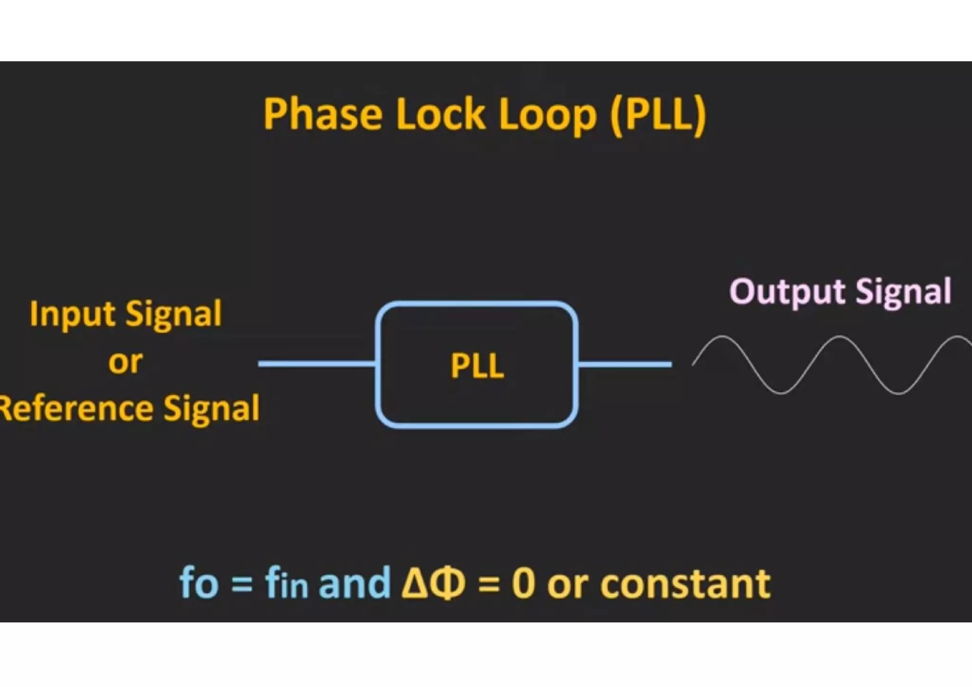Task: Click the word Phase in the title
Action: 323,114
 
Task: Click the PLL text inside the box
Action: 477,366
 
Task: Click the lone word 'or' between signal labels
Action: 125,362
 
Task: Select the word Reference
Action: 76,408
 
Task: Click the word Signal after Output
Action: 904,292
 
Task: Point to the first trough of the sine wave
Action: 781,393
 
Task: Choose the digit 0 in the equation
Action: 523,584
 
